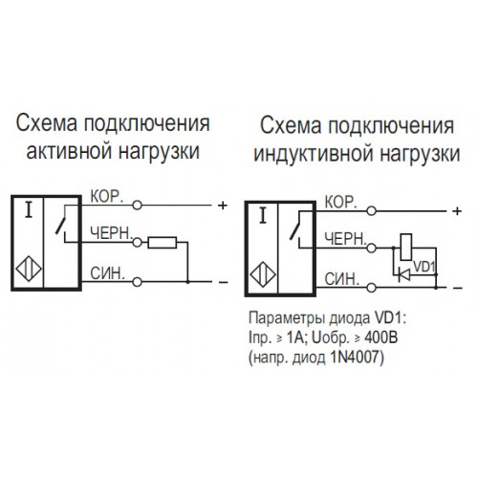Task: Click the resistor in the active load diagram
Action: point(163,243)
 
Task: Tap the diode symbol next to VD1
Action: point(404,274)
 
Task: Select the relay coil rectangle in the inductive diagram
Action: point(406,247)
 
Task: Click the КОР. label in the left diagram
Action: point(107,197)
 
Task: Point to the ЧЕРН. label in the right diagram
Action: point(345,239)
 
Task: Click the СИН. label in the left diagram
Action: point(107,273)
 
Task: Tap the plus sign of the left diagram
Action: point(223,206)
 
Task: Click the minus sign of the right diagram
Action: point(457,288)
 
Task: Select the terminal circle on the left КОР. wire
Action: point(137,206)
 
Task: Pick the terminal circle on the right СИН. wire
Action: point(372,288)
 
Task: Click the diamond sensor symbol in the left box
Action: point(29,270)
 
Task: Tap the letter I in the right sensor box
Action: point(263,216)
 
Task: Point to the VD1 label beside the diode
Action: point(424,267)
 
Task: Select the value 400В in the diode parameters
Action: point(380,337)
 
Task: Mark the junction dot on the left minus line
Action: point(188,282)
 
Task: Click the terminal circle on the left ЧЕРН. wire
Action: point(137,243)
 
